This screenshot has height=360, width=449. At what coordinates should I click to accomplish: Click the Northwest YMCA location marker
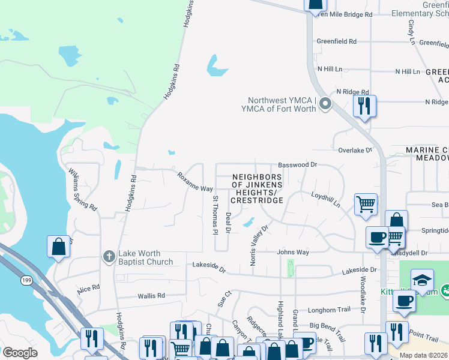pyautogui.click(x=325, y=104)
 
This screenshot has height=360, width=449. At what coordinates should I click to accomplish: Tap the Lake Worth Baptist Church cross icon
pyautogui.click(x=109, y=256)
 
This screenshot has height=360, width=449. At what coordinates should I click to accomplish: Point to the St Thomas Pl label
pyautogui.click(x=214, y=214)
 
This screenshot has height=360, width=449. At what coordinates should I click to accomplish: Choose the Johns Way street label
pyautogui.click(x=293, y=253)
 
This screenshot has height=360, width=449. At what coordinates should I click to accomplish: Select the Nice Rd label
pyautogui.click(x=88, y=289)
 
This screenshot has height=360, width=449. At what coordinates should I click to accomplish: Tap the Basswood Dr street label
pyautogui.click(x=297, y=164)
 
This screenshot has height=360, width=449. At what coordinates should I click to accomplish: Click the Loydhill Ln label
pyautogui.click(x=326, y=199)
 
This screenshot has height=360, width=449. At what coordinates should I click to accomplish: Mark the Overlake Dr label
pyautogui.click(x=355, y=150)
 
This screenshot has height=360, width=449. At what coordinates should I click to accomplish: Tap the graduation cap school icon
pyautogui.click(x=422, y=280)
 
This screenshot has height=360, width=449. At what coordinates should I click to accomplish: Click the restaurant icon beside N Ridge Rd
pyautogui.click(x=364, y=106)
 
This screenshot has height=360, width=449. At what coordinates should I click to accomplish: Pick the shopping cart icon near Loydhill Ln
pyautogui.click(x=366, y=204)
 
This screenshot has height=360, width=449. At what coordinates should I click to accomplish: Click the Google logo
pyautogui.click(x=20, y=352)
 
